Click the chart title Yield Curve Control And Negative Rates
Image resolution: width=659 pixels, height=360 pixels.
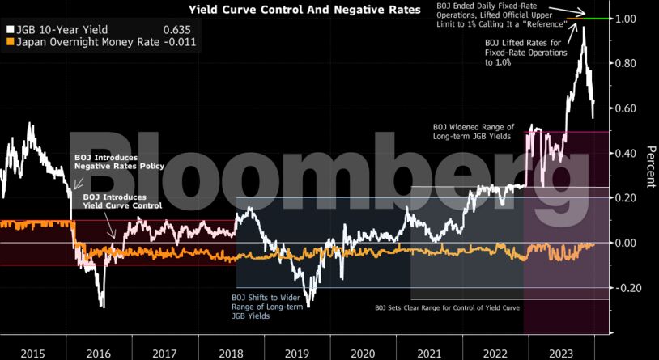pyautogui.click(x=304, y=11)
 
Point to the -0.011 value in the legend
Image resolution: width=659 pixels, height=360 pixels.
pyautogui.click(x=178, y=41)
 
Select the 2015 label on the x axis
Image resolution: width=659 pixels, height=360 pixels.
pyautogui.click(x=32, y=353)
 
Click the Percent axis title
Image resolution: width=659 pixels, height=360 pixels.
pyautogui.click(x=650, y=167)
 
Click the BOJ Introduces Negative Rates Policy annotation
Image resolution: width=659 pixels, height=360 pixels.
pyautogui.click(x=119, y=162)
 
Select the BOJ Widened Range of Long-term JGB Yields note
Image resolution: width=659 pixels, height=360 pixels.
pyautogui.click(x=474, y=132)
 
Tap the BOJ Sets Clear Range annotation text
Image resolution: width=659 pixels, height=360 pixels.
pyautogui.click(x=447, y=308)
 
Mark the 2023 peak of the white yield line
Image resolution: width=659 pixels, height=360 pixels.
pyautogui.click(x=583, y=28)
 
